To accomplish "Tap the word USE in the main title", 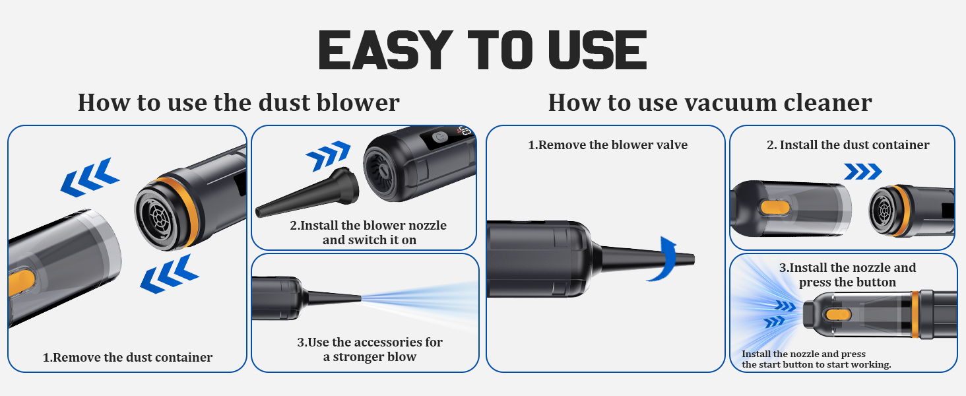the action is coord(598,50).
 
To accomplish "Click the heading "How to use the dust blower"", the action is coord(238,103).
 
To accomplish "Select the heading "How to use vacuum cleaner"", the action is coord(710,103).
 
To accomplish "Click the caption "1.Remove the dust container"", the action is coord(127,357).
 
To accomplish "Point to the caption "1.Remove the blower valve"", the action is coord(608,145).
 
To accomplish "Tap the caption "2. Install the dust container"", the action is coord(848,145).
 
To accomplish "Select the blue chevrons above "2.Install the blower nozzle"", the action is coord(328,156).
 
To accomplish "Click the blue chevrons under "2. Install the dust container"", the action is coord(863,172).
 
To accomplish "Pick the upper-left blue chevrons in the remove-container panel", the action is coord(90,178).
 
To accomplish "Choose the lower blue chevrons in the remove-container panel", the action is coord(170,274).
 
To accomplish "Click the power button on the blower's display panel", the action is coord(439,137).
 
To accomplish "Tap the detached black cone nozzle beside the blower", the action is coord(307,193).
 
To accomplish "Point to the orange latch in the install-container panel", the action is coord(775,207).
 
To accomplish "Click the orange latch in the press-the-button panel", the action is coord(837,314).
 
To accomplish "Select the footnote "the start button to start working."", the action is coord(816,365).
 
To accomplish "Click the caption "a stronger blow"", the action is coord(370,357).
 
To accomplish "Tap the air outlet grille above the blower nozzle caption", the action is coord(379,171).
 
